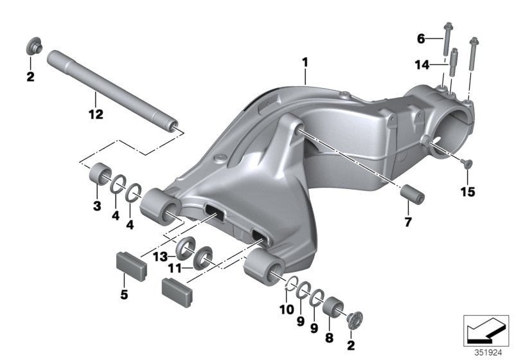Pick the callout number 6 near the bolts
(421, 39)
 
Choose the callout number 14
(421, 64)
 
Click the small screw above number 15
(465, 163)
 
